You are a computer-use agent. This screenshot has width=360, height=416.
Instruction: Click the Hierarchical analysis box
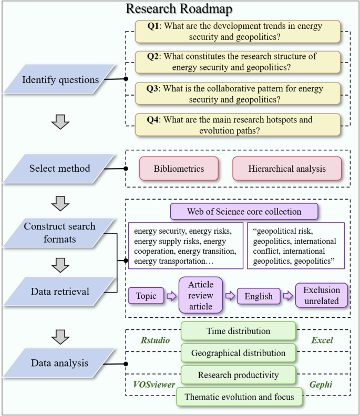click(287, 169)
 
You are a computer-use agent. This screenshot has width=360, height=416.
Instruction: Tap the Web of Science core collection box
click(244, 212)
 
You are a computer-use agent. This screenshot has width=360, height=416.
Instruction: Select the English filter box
click(258, 296)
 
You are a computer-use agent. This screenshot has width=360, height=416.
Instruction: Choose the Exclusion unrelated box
click(321, 296)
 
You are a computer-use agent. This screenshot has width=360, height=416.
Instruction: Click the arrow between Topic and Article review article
click(171, 296)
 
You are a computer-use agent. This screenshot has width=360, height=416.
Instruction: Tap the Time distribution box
click(238, 331)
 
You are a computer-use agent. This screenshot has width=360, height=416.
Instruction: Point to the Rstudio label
click(156, 340)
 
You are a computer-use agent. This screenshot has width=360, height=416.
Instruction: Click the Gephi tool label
click(321, 384)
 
